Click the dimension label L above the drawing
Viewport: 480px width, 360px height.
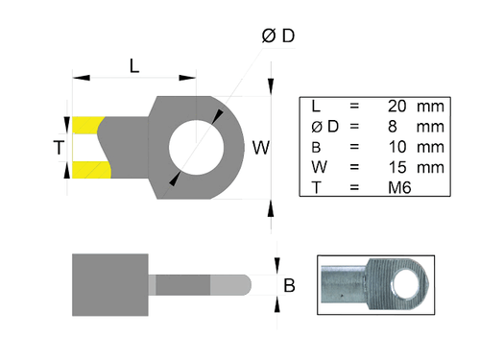134,65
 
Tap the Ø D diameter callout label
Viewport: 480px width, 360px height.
277,36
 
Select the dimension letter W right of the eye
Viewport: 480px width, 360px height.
260,148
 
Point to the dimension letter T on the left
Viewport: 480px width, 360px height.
59,148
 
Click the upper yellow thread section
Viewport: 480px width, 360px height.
86,126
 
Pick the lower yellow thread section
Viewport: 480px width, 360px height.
88,170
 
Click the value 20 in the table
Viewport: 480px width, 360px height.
396,105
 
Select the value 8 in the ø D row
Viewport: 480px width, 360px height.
393,126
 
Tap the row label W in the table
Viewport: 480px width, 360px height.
320,167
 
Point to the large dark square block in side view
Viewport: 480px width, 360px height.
110,284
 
